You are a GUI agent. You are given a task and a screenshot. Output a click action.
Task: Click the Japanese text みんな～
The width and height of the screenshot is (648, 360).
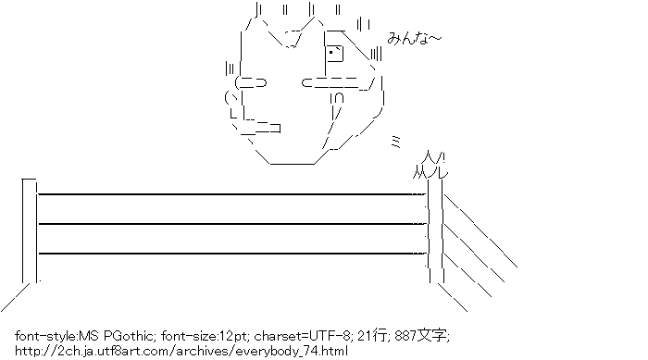(415, 39)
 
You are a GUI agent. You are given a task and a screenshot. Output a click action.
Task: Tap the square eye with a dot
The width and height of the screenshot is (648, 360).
(334, 53)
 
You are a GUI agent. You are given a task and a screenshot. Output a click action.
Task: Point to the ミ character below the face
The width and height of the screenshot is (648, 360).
(395, 138)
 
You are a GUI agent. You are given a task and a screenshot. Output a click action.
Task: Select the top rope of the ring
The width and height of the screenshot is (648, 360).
(231, 194)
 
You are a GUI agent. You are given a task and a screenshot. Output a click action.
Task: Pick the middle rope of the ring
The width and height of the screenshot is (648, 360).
(231, 223)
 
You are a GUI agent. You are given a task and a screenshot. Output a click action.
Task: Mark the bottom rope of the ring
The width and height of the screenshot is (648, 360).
(231, 252)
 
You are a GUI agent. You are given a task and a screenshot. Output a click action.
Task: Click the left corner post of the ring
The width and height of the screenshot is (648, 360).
(29, 231)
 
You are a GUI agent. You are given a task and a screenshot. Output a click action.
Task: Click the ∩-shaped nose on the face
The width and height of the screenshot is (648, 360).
(339, 97)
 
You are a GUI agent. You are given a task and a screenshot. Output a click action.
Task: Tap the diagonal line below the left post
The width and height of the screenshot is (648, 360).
(18, 297)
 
